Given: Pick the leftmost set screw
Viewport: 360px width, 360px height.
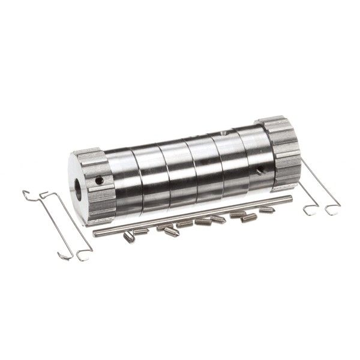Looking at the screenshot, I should (128, 238).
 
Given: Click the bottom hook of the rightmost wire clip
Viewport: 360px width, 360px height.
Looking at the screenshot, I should (329, 209).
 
